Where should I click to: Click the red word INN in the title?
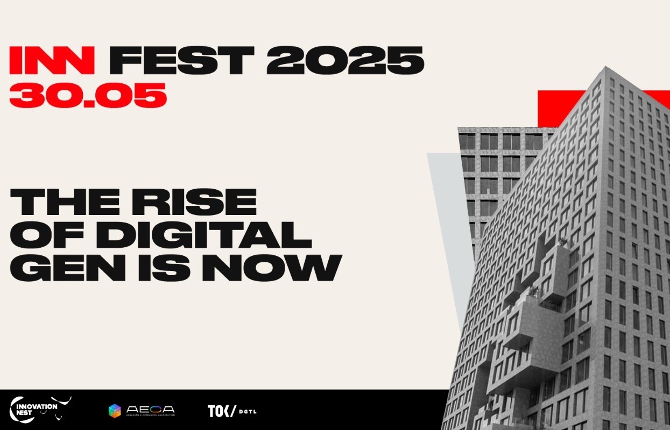pyautogui.click(x=52, y=60)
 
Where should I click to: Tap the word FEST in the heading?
pyautogui.click(x=181, y=60)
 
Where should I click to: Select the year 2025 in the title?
pyautogui.click(x=345, y=60)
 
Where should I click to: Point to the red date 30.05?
pyautogui.click(x=88, y=95)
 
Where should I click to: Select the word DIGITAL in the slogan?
pyautogui.click(x=204, y=235)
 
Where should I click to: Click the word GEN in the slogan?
pyautogui.click(x=68, y=268)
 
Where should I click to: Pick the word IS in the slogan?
pyautogui.click(x=164, y=268)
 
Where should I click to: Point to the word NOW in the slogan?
pyautogui.click(x=272, y=268)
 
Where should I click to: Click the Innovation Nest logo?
pyautogui.click(x=40, y=410)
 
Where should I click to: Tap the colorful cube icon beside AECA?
pyautogui.click(x=115, y=411)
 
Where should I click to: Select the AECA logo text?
pyautogui.click(x=151, y=410)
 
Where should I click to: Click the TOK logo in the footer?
pyautogui.click(x=222, y=411)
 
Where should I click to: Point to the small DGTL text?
pyautogui.click(x=248, y=412)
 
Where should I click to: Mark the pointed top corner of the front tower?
pyautogui.click(x=606, y=67)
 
